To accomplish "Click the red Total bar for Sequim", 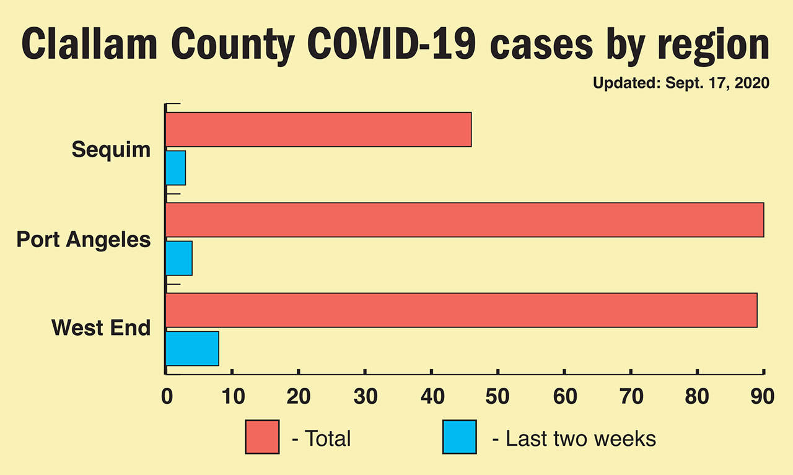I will tap(318, 129).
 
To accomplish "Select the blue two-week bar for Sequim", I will tap(176, 168).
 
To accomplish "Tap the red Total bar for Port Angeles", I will tap(465, 220).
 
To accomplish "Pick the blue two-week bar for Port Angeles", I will tap(179, 258).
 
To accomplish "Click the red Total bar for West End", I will tap(462, 310).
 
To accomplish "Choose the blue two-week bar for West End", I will tap(192, 349).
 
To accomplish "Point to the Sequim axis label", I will tap(111, 149).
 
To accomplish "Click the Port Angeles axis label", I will tap(84, 239).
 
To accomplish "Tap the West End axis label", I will tap(101, 327).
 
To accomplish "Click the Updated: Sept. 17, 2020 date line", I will tap(681, 83).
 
